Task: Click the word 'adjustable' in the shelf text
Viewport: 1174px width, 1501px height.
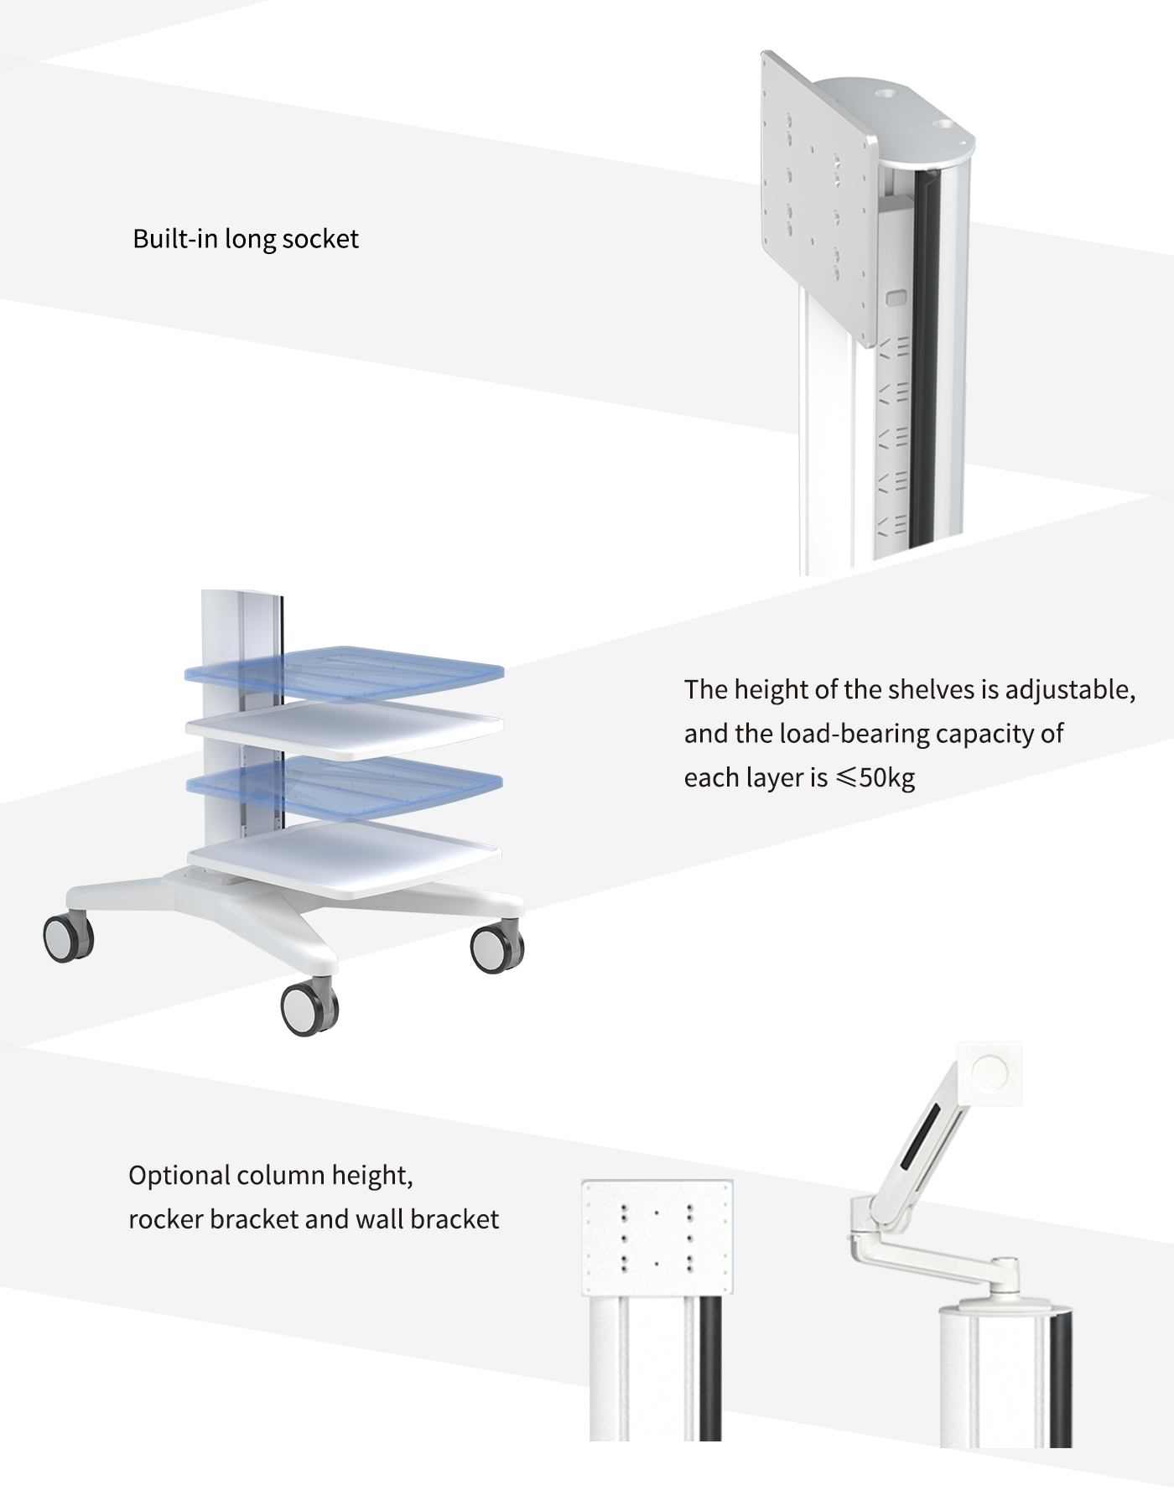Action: tap(1069, 690)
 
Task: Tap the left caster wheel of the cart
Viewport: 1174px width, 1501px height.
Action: tap(68, 938)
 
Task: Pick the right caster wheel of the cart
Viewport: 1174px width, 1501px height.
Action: tap(496, 948)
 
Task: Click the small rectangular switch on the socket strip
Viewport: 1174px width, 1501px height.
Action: tap(896, 298)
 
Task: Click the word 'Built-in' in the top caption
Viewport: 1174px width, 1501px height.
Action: tap(175, 240)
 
